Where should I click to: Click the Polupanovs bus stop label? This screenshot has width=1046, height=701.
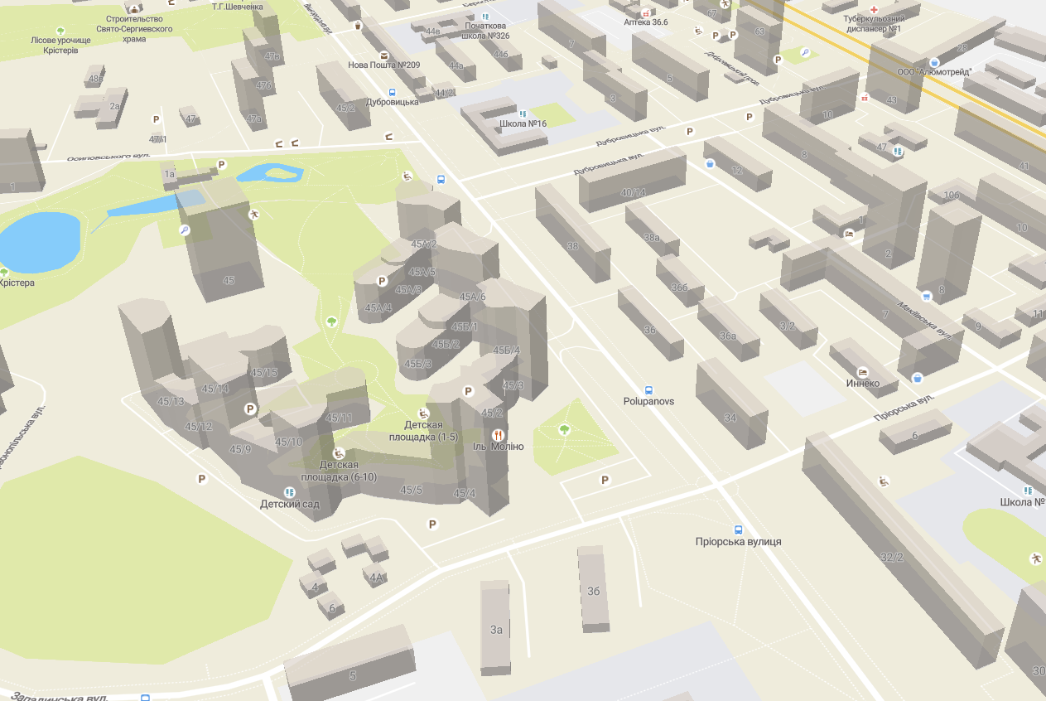point(648,401)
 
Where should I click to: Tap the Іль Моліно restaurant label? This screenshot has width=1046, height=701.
point(498,447)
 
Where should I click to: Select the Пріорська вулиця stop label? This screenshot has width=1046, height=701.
point(738,542)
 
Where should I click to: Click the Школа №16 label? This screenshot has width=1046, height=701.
point(523,124)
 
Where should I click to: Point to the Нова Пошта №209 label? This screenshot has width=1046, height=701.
point(383,65)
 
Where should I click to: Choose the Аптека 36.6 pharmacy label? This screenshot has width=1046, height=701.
point(645,22)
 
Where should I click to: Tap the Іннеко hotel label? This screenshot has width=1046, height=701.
point(862,384)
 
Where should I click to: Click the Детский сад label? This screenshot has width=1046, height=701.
point(289,504)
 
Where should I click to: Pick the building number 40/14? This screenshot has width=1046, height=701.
point(634,193)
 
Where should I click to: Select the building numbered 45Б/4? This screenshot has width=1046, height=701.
point(506,350)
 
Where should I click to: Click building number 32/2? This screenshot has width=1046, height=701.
point(891,557)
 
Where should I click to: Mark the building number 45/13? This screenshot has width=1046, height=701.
point(171,402)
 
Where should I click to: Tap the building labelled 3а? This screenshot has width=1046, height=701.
point(496,630)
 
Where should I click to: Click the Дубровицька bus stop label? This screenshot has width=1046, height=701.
point(393,101)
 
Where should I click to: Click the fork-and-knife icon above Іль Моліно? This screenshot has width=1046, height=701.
point(498,434)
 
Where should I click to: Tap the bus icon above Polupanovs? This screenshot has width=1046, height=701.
point(648,389)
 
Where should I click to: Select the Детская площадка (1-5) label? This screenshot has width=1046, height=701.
point(423,431)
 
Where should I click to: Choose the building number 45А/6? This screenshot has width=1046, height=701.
point(472,297)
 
